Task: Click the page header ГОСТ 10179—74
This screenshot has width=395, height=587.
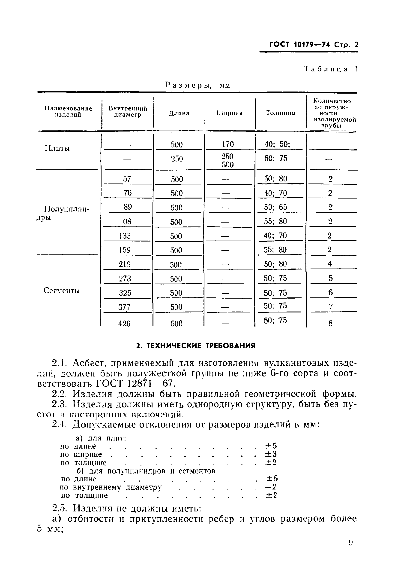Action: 300,45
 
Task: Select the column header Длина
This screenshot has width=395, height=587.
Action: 179,113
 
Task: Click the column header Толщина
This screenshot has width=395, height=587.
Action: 280,113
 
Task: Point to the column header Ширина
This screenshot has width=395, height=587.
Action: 230,113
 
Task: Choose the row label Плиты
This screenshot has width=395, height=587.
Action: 57,148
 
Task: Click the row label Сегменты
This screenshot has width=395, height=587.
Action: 62,290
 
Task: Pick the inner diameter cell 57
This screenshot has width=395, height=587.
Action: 127,179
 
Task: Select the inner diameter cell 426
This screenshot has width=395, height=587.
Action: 124,323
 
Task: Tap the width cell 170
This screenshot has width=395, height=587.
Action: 228,144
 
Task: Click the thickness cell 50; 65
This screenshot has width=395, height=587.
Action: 275,207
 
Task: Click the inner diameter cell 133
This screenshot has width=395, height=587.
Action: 125,236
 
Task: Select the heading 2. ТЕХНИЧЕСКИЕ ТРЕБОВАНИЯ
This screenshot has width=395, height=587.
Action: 195,345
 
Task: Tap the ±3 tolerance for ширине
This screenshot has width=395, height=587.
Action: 271,454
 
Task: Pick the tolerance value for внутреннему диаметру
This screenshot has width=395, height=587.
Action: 271,487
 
